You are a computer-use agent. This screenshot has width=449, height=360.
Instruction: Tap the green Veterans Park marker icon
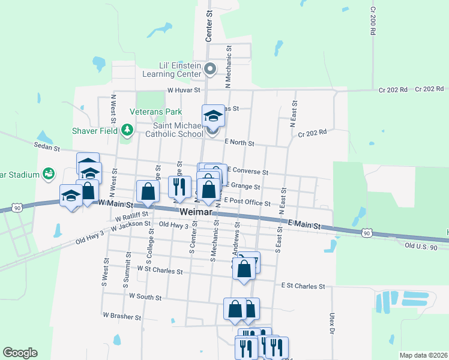tap(127, 130)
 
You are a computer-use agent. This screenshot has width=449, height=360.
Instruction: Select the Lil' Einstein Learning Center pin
tap(210, 70)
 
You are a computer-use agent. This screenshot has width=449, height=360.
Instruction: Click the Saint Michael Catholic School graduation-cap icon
tap(212, 115)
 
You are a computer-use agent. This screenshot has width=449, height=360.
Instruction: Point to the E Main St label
tap(306, 224)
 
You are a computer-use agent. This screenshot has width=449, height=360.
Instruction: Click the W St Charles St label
tap(160, 271)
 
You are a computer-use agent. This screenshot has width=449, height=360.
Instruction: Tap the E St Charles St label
tap(303, 287)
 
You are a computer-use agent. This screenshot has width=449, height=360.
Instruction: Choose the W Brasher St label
tap(122, 316)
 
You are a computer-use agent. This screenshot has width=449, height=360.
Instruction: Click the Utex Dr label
tap(331, 322)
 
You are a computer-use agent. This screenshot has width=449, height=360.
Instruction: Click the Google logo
tap(20, 353)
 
